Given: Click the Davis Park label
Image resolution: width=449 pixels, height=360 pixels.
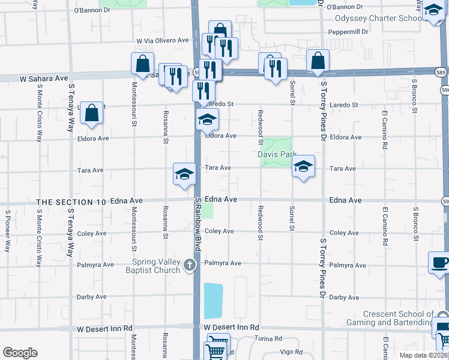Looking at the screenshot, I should [x=277, y=154].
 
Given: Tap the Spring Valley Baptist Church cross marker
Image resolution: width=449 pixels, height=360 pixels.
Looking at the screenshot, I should [x=190, y=265].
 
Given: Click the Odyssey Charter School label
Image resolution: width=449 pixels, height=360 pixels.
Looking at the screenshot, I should [x=379, y=19].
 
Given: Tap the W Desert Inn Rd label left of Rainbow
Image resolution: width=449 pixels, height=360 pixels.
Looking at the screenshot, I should [x=104, y=329].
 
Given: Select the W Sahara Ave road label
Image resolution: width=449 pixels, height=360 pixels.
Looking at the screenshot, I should [x=43, y=79].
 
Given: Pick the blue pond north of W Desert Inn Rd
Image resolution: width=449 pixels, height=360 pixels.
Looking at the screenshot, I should [x=213, y=301].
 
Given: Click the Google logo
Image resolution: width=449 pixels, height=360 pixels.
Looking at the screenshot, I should [x=20, y=353].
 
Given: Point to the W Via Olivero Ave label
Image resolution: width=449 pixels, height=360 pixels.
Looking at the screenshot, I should [x=163, y=41].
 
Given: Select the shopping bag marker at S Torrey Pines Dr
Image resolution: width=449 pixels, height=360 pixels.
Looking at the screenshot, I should [x=317, y=61].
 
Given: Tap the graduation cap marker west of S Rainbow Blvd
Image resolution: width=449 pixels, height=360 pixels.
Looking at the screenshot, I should [x=185, y=174].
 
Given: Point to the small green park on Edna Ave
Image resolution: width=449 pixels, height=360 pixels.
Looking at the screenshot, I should [x=207, y=211].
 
